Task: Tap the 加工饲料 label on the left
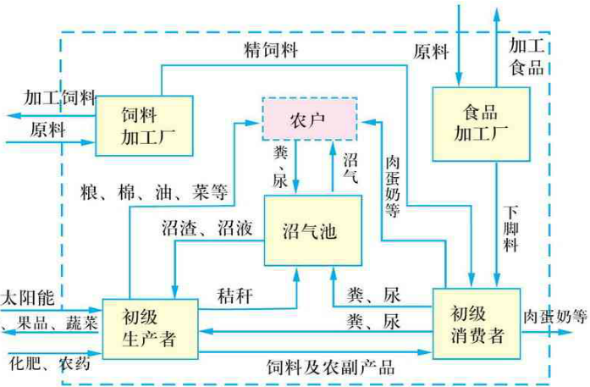pyautogui.click(x=60, y=96)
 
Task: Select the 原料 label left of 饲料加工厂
pyautogui.click(x=47, y=131)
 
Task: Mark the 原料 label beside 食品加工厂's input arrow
pyautogui.click(x=431, y=52)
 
